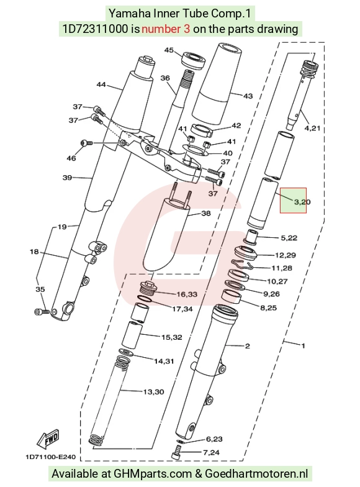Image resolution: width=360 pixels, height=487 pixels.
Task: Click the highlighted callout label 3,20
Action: coord(302,202)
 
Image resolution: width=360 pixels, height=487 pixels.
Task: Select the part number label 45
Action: coord(169,50)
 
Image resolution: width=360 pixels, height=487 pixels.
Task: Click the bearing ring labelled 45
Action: coord(194,60)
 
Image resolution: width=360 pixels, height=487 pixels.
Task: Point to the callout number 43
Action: coord(248,96)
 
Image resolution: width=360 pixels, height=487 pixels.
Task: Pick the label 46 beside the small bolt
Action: coord(71,158)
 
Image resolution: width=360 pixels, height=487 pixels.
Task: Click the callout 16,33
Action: coord(187,294)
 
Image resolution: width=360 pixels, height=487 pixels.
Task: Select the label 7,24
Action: coord(211,452)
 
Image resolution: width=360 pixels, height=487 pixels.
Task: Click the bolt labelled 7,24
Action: coord(177,452)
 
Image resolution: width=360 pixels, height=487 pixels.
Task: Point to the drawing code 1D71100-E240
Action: coord(50,457)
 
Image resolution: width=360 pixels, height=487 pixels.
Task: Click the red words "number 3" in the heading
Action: coord(166,29)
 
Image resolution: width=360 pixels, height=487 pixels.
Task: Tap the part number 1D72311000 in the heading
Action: coord(96,29)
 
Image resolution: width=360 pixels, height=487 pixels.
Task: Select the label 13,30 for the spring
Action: coord(153,392)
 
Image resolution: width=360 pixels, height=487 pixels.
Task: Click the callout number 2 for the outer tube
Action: coord(247,345)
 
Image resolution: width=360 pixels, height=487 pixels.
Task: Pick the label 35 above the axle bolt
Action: coord(40,289)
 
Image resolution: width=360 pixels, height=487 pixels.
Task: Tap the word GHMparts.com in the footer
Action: coord(153,474)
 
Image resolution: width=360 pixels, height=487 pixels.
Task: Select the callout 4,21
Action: coord(312,128)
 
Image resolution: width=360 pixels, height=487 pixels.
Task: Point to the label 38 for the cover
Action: coord(206,213)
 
